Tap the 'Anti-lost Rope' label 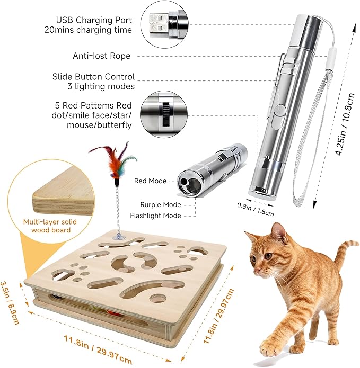[101, 56]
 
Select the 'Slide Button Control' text [94, 77]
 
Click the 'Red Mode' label [150, 181]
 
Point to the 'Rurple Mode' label [161, 204]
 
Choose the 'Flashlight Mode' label [156, 216]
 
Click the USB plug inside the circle [162, 24]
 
